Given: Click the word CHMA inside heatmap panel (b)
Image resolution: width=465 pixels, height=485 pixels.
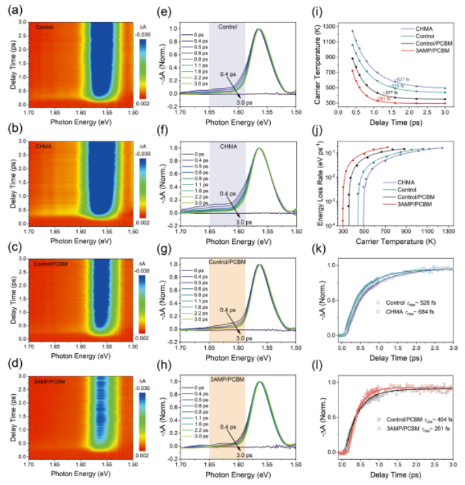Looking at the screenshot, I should click(44, 146).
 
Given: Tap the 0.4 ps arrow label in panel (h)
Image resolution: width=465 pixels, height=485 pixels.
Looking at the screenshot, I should click(228, 430).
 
